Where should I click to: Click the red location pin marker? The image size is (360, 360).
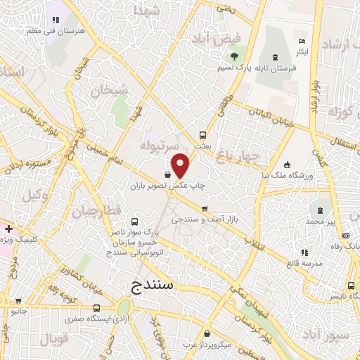[x=181, y=165]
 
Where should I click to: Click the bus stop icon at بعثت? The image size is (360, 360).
[x=202, y=134]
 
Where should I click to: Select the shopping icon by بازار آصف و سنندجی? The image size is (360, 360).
[x=205, y=209]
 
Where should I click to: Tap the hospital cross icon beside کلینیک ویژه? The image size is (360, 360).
[x=8, y=229]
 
